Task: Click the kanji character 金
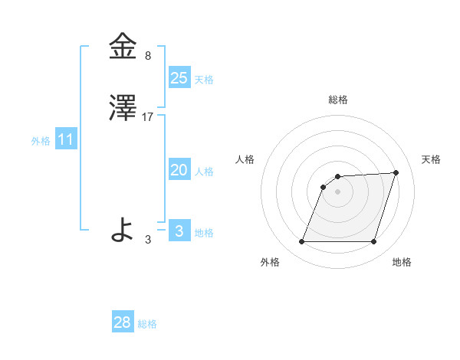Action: (x=123, y=47)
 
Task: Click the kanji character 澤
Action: (x=123, y=109)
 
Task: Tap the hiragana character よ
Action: (x=123, y=230)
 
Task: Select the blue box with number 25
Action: (x=179, y=77)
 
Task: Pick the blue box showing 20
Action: (x=179, y=170)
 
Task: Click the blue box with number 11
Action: (x=66, y=139)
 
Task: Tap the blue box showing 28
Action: (x=123, y=322)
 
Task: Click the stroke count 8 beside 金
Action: (x=148, y=56)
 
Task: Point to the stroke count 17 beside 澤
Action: (x=149, y=117)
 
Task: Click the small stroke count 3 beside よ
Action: (x=148, y=240)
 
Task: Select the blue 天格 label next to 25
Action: (x=204, y=80)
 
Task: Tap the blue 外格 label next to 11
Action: (x=41, y=142)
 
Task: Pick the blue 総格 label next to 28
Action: (x=147, y=325)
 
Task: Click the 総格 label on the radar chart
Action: (x=338, y=100)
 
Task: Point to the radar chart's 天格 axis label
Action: (x=432, y=159)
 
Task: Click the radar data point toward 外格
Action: (x=301, y=242)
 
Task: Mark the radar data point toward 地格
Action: (x=373, y=242)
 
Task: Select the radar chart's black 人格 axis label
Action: (x=245, y=159)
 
